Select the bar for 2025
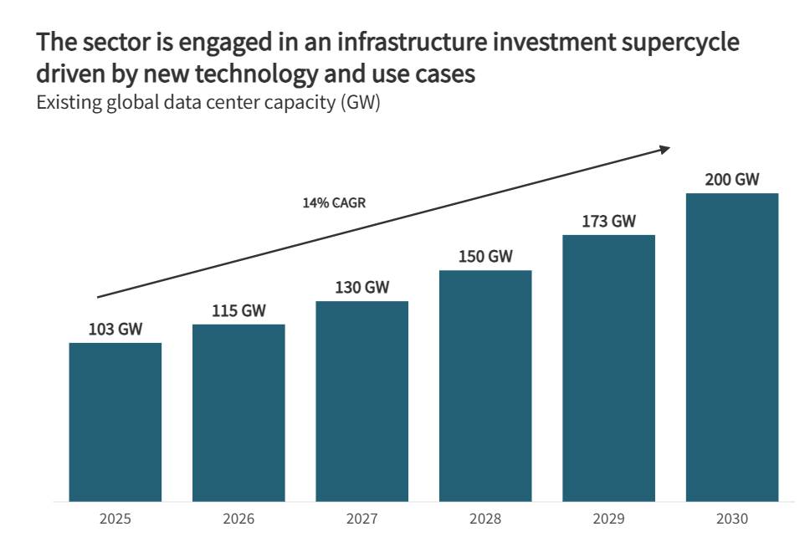pyautogui.click(x=115, y=422)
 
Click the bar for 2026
pyautogui.click(x=238, y=412)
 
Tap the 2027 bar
pyautogui.click(x=362, y=401)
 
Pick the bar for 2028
pyautogui.click(x=485, y=386)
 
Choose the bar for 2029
pyautogui.click(x=608, y=368)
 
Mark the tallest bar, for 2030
pyautogui.click(x=732, y=347)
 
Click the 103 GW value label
pyautogui.click(x=115, y=330)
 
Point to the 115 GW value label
pyautogui.click(x=238, y=311)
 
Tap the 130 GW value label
pyautogui.click(x=362, y=288)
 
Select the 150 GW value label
pyautogui.click(x=485, y=257)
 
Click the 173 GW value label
pyautogui.click(x=608, y=222)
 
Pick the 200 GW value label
pyautogui.click(x=732, y=180)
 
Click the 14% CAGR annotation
pyautogui.click(x=334, y=202)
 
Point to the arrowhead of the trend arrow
pyautogui.click(x=664, y=149)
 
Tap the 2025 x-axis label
pyautogui.click(x=115, y=519)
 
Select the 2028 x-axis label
pyautogui.click(x=485, y=519)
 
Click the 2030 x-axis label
pyautogui.click(x=732, y=519)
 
